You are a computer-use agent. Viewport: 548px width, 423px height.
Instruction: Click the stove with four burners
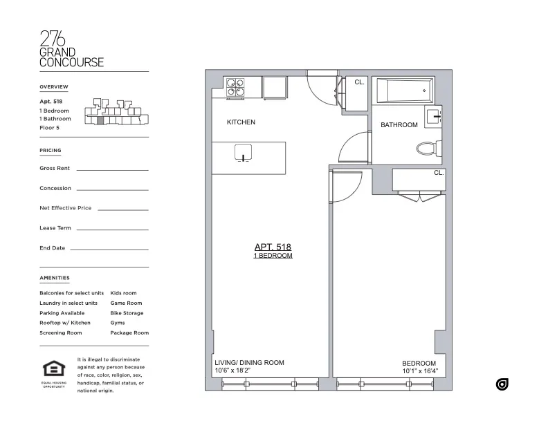click(x=235, y=87)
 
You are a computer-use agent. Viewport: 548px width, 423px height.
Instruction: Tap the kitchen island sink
click(x=243, y=152)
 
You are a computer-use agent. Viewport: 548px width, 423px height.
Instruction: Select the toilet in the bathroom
click(x=426, y=147)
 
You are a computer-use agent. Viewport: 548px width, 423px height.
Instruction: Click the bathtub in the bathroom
click(x=403, y=91)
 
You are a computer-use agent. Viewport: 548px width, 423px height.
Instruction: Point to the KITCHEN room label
click(x=241, y=122)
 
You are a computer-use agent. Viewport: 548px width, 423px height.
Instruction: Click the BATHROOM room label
click(x=399, y=125)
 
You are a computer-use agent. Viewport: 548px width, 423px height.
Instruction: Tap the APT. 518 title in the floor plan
click(x=273, y=247)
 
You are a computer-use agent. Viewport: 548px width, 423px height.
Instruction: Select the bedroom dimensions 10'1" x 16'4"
click(x=420, y=371)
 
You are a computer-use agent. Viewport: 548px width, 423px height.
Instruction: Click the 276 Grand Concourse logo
click(x=71, y=48)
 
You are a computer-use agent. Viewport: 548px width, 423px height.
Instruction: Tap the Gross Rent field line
click(x=112, y=169)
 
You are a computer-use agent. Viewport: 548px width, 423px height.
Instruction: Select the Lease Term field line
click(x=112, y=229)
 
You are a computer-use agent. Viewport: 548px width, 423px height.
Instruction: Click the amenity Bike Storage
click(x=127, y=313)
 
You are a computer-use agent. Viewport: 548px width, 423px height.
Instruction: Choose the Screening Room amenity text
click(x=61, y=333)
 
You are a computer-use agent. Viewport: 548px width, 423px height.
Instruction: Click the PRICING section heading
click(x=51, y=150)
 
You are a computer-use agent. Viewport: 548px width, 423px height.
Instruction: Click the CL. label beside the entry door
click(x=359, y=82)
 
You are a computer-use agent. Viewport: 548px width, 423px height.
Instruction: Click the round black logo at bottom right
click(x=502, y=384)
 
